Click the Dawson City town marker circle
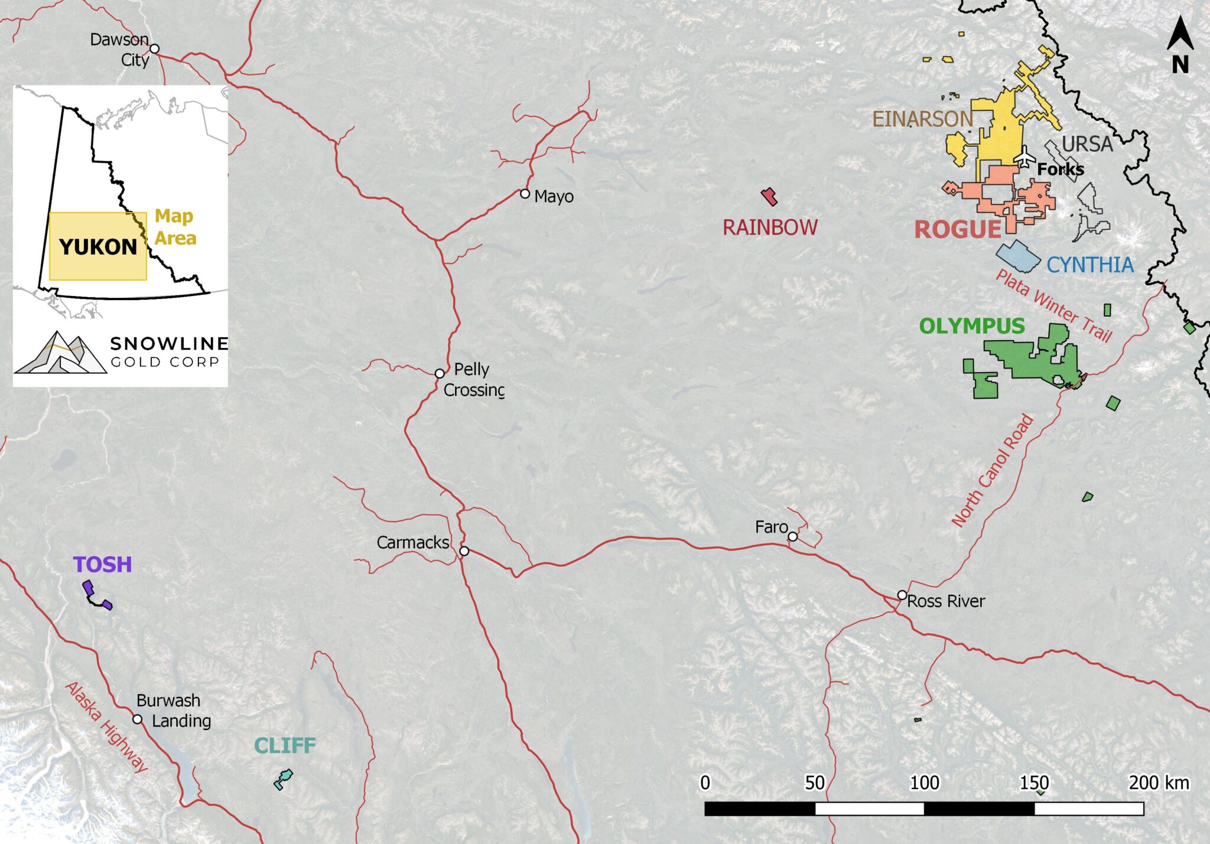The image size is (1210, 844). tap(154, 48)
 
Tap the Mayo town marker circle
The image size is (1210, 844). tap(525, 194)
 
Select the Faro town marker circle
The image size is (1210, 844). tap(793, 537)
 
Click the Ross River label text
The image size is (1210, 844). tap(946, 601)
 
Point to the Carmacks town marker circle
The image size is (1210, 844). tap(464, 551)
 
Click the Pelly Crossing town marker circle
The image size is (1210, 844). tap(440, 374)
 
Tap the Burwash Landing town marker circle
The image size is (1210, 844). tap(138, 719)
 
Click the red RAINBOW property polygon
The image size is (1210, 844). tap(769, 196)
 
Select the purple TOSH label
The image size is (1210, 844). tap(102, 565)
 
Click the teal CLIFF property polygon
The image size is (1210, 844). tap(284, 779)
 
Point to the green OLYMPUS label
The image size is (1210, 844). tap(972, 326)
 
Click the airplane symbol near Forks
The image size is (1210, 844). tap(1025, 157)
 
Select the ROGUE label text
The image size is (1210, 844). tap(958, 229)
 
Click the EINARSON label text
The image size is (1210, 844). tap(922, 119)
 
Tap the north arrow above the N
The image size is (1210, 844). tap(1180, 34)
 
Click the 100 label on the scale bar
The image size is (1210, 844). tap(924, 783)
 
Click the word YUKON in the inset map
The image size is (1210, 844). tap(98, 247)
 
